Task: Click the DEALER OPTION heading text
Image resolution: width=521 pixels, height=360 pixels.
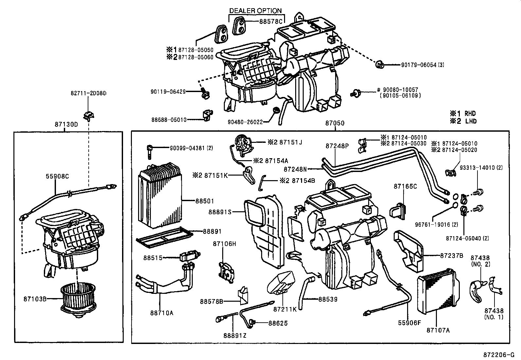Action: pyautogui.click(x=255, y=11)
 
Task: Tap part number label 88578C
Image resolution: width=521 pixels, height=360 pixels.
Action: pyautogui.click(x=271, y=22)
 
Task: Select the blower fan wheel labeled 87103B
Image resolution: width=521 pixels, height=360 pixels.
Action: pyautogui.click(x=77, y=299)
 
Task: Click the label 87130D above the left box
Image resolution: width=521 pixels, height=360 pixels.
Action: pyautogui.click(x=66, y=125)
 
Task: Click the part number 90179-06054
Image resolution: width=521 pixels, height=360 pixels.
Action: pyautogui.click(x=419, y=65)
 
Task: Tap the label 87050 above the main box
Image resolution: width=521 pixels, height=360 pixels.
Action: pyautogui.click(x=335, y=123)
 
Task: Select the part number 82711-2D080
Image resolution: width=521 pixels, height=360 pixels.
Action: pyautogui.click(x=88, y=93)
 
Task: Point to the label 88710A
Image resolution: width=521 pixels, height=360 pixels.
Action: pyautogui.click(x=162, y=313)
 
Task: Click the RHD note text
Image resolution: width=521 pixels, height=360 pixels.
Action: pyautogui.click(x=470, y=114)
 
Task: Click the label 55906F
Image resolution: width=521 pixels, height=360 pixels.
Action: pyautogui.click(x=409, y=323)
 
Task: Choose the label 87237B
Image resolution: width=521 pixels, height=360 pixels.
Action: pyautogui.click(x=451, y=256)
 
